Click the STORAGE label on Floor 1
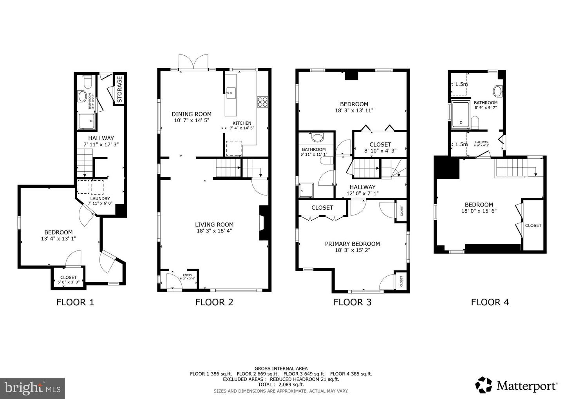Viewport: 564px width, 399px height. [x=120, y=89]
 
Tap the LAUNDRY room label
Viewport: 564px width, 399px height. [x=99, y=199]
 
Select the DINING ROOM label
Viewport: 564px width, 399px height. [x=192, y=114]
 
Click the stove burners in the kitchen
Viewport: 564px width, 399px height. [x=262, y=102]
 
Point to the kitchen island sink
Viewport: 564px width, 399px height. [x=231, y=93]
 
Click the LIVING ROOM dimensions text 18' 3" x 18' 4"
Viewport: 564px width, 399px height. [x=214, y=231]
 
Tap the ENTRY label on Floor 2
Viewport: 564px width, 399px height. [x=187, y=275]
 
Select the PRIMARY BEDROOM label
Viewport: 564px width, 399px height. [x=352, y=244]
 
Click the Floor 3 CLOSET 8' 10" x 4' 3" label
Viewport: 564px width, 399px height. [x=380, y=145]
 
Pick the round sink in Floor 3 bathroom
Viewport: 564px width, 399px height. [x=318, y=138]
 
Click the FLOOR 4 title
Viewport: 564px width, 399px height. [x=490, y=302]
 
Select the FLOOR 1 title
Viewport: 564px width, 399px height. [x=75, y=302]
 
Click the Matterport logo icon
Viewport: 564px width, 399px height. [x=484, y=385]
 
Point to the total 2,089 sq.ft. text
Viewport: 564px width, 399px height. [x=281, y=384]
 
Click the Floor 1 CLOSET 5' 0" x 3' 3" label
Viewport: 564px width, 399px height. [x=68, y=277]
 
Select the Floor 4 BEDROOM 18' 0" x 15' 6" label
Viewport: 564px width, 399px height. [x=479, y=205]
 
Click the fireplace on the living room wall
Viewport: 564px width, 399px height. [x=263, y=223]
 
